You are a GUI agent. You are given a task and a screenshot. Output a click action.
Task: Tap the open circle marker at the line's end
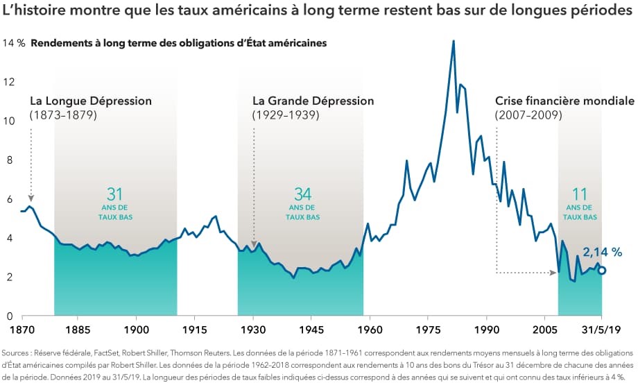click(x=601, y=271)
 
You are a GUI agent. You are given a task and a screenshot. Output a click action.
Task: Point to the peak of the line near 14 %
click(x=453, y=41)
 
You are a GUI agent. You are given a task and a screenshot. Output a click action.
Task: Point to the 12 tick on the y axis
click(x=9, y=82)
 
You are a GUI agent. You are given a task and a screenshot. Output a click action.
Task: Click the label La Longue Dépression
click(x=90, y=101)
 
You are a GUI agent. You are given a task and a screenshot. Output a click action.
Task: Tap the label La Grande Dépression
click(x=313, y=101)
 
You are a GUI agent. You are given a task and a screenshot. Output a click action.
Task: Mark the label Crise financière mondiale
click(x=564, y=101)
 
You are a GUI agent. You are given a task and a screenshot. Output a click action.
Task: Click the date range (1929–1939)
click(x=286, y=115)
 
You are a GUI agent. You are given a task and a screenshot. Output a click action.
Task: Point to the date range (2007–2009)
click(x=528, y=115)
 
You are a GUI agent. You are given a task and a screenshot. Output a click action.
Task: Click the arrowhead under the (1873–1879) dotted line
click(x=31, y=198)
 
